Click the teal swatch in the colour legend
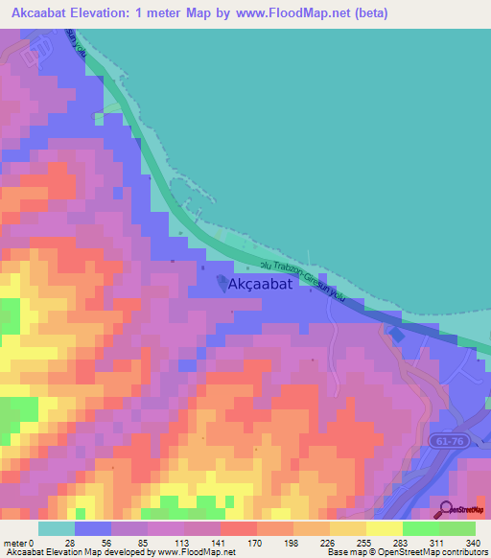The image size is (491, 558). tap(57, 528)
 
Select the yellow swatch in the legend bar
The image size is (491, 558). tap(384, 528)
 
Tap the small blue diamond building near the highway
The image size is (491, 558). tap(395, 334)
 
